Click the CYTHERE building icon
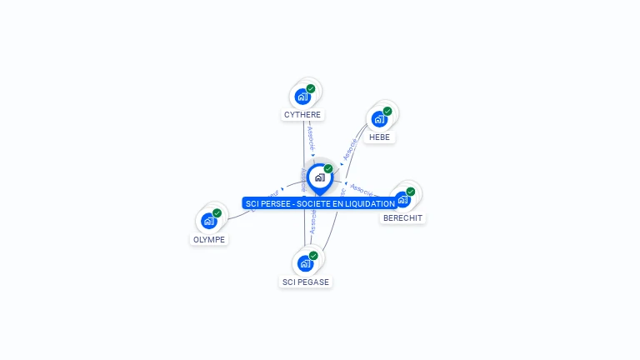(x=302, y=96)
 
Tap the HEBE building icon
(x=379, y=119)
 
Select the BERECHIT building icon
(x=402, y=199)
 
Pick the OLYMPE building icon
(x=207, y=221)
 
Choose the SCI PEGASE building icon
(x=304, y=263)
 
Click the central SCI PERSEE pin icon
(x=319, y=177)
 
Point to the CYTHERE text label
(x=302, y=115)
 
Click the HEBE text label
(x=379, y=137)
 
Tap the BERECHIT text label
(x=402, y=218)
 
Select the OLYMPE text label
(x=209, y=240)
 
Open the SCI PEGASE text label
(x=306, y=282)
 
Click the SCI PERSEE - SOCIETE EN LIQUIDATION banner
(x=320, y=203)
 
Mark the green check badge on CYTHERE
(x=311, y=88)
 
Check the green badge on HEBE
(x=387, y=111)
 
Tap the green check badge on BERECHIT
(x=410, y=191)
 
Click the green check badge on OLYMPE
(x=217, y=212)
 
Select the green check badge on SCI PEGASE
(x=313, y=255)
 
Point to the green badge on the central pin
(x=328, y=169)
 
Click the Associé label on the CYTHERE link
(x=311, y=138)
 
